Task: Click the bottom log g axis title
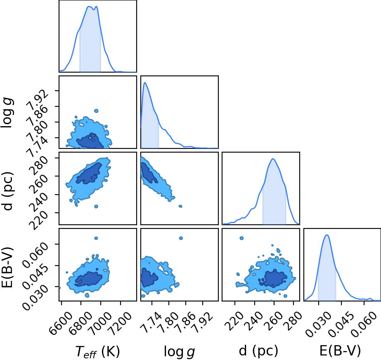(180, 351)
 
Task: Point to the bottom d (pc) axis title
(258, 351)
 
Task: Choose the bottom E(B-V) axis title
(340, 351)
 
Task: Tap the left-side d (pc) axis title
(7, 191)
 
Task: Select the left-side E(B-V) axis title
(7, 267)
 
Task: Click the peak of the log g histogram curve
(145, 82)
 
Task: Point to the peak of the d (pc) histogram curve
(273, 159)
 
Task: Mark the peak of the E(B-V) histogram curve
(327, 235)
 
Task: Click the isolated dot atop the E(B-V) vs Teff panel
(96, 238)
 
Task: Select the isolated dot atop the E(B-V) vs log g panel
(181, 238)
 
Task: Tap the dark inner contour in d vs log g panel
(148, 173)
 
